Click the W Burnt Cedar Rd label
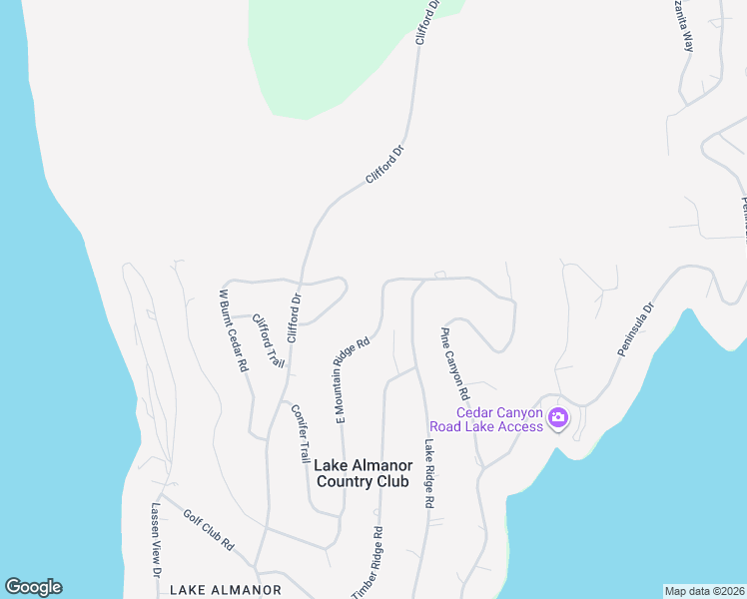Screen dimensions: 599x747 (234, 331)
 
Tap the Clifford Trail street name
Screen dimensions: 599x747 (267, 340)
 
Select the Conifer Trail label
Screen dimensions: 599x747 (300, 432)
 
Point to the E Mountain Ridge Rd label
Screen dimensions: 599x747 (353, 380)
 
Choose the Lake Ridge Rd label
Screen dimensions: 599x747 (429, 475)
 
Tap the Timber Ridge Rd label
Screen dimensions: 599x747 (367, 563)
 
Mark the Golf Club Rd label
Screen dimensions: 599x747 (208, 530)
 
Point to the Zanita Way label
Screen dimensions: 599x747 (686, 27)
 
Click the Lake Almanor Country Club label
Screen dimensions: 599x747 (362, 473)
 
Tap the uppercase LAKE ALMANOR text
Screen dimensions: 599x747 (225, 590)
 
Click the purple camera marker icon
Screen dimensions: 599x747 (558, 419)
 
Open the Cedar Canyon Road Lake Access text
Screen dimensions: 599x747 (499, 420)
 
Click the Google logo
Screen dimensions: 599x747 (33, 587)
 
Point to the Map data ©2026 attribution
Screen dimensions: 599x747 (704, 591)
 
